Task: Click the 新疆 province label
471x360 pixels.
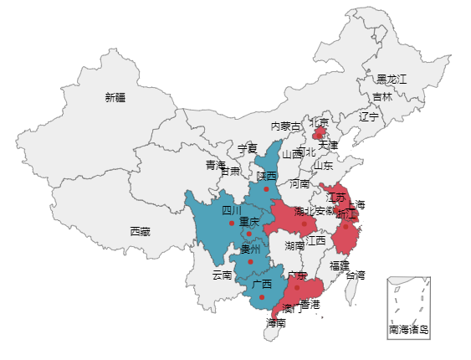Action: click(115, 97)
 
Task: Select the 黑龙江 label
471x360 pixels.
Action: click(391, 79)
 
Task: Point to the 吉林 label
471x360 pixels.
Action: click(381, 97)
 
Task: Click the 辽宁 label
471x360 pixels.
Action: click(368, 116)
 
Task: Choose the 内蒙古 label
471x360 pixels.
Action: click(285, 126)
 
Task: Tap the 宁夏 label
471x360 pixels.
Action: click(247, 149)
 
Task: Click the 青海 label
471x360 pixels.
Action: click(216, 165)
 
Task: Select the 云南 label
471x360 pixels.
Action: click(222, 275)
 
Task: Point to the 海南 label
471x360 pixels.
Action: click(276, 322)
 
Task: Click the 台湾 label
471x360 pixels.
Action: click(355, 275)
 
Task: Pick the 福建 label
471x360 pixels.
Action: click(339, 265)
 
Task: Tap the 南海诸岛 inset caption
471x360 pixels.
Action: click(408, 330)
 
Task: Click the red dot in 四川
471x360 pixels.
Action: click(232, 223)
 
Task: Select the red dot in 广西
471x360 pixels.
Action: click(262, 296)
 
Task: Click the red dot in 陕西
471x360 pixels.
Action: click(266, 189)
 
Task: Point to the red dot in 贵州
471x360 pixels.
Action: click(250, 261)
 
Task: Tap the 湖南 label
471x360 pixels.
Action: click(294, 246)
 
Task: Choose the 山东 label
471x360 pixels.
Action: click(323, 166)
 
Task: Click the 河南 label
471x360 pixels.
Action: click(299, 183)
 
